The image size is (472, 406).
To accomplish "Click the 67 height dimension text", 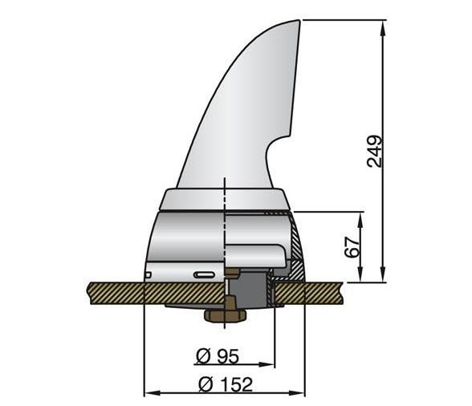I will (352, 246).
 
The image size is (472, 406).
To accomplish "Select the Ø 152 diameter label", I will (226, 384).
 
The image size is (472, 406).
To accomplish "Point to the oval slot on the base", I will (204, 274).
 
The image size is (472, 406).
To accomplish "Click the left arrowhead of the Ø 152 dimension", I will (149, 393).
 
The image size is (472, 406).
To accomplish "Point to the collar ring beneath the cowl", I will (225, 199).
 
